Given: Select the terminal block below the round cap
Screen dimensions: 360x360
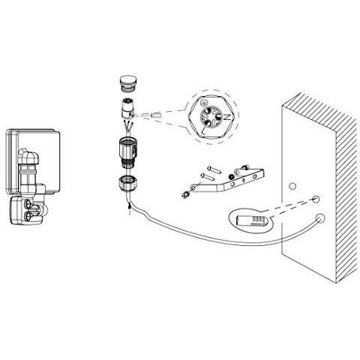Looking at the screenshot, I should point(127,109).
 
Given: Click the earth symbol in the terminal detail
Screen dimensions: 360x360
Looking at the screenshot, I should point(203,102).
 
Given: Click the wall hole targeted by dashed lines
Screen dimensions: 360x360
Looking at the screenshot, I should point(316,199).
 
